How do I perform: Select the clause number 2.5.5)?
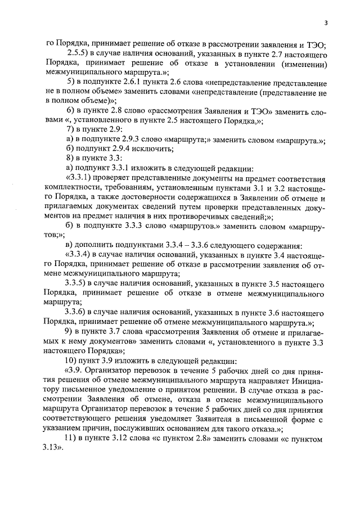tap(79, 53)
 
